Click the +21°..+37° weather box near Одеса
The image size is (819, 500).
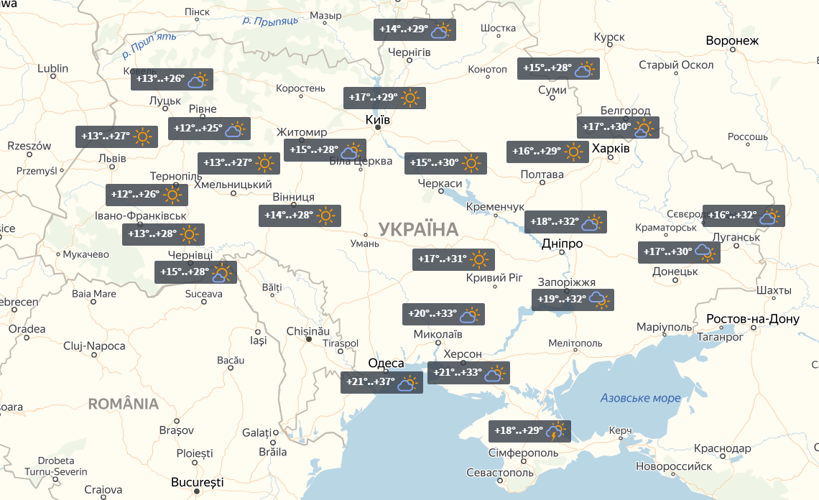click(x=381, y=383)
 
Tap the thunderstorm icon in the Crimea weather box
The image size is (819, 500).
click(x=556, y=431)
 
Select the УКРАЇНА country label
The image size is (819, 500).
click(x=417, y=230)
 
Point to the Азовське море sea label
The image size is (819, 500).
click(x=640, y=398)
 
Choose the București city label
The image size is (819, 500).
click(x=198, y=482)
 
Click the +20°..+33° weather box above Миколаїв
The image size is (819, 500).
click(x=443, y=314)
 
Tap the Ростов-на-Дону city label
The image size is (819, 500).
click(x=752, y=319)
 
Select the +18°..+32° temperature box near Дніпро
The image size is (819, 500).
click(x=565, y=222)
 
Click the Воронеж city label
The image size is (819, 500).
click(x=732, y=40)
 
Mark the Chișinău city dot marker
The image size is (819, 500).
click(x=309, y=339)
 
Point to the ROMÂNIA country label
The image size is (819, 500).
click(x=124, y=404)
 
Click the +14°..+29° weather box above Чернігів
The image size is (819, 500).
click(x=415, y=30)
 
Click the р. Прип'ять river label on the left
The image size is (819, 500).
click(x=149, y=45)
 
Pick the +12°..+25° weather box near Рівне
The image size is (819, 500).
click(x=209, y=129)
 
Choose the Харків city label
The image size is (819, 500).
click(x=611, y=148)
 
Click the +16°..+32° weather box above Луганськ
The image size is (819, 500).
click(x=743, y=216)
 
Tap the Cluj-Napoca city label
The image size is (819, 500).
click(x=94, y=346)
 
